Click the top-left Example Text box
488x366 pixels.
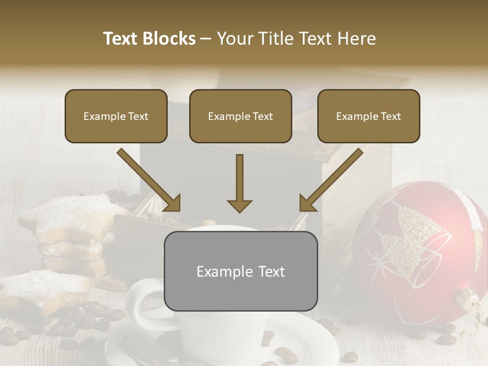(116, 116)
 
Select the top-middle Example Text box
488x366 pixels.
(240, 116)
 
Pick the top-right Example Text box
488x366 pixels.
(369, 116)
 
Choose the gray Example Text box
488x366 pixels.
(240, 271)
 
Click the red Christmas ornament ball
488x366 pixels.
(417, 254)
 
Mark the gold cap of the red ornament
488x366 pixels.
(469, 300)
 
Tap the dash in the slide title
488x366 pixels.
(206, 39)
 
